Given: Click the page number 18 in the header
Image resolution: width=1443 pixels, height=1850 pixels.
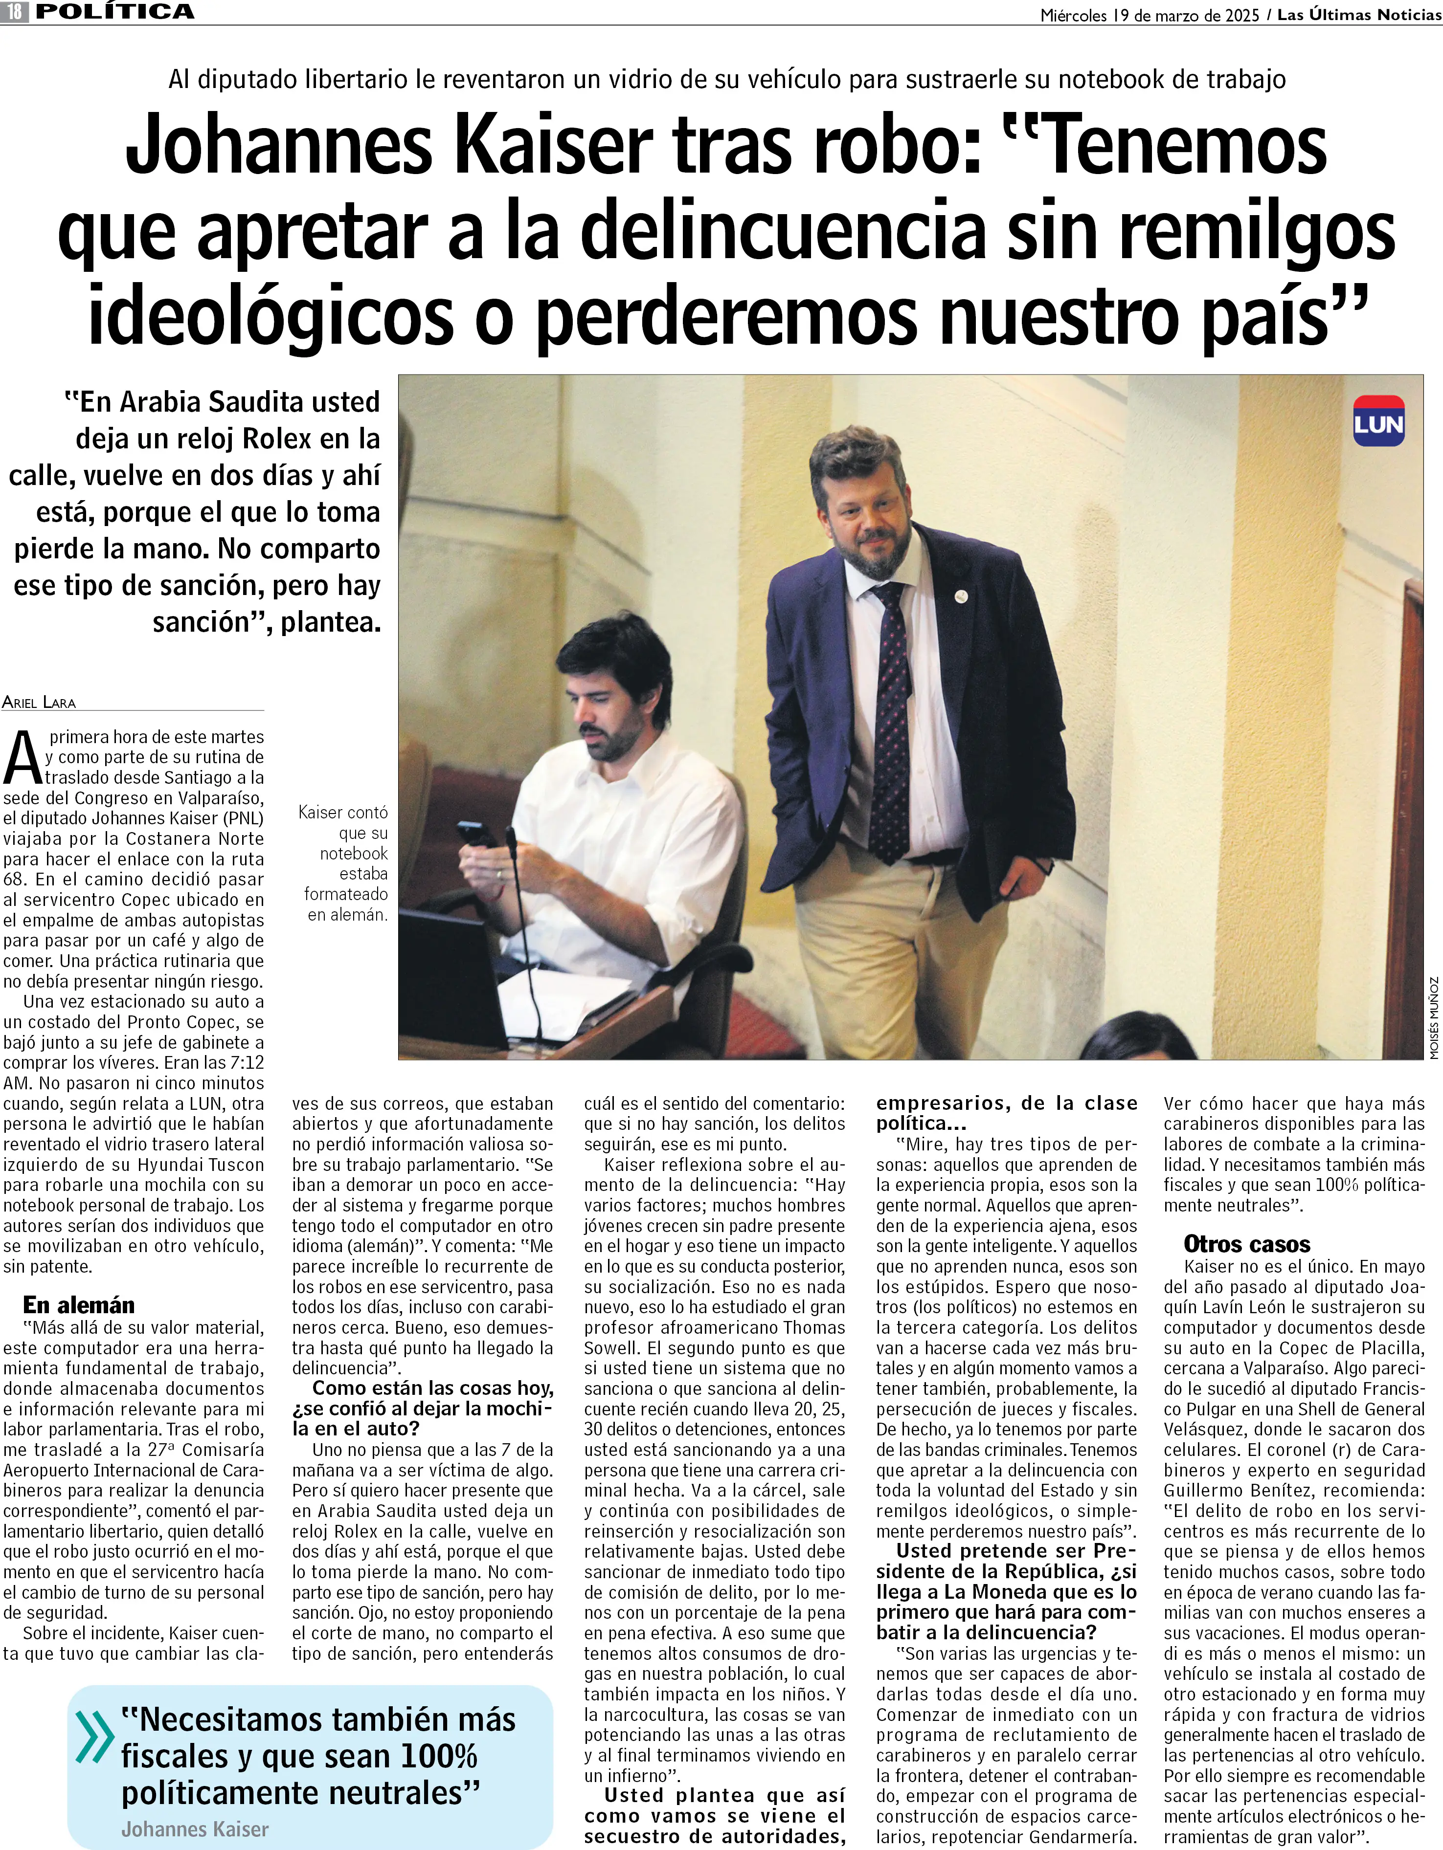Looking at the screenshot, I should pos(15,12).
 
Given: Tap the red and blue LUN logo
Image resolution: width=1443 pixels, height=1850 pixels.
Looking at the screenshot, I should pos(1378,422).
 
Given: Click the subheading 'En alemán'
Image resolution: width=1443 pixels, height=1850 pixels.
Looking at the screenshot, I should pos(79,1304).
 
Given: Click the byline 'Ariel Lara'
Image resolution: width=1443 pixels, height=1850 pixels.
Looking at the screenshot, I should pos(39,702).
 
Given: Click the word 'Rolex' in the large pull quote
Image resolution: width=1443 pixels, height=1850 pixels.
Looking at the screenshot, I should pos(275,439).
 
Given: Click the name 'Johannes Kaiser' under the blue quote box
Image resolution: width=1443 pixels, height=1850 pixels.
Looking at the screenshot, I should pos(195,1829).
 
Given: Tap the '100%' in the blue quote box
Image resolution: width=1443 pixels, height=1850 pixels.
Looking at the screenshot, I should pos(439,1756).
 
